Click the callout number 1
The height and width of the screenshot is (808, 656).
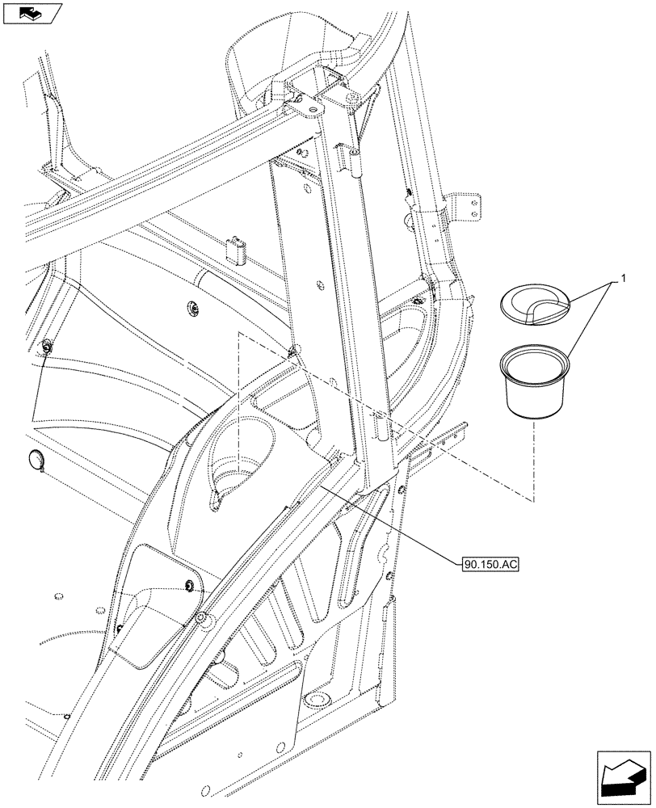tap(622, 279)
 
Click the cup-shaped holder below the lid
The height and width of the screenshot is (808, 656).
tap(530, 383)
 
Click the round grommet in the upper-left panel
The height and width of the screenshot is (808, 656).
tap(194, 307)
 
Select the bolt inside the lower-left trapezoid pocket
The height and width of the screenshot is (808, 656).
tap(189, 585)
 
